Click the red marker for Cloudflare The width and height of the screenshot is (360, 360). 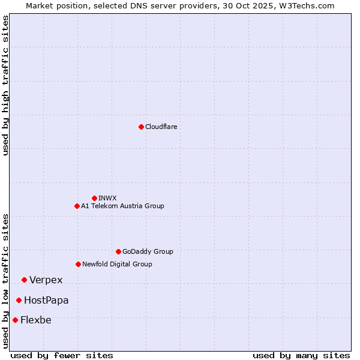pyautogui.click(x=141, y=127)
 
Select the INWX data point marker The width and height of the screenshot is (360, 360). pyautogui.click(x=94, y=198)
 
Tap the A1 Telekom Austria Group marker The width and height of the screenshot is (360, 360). pyautogui.click(x=77, y=206)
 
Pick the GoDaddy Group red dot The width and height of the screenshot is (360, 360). pyautogui.click(x=118, y=251)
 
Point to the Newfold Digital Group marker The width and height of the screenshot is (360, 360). pyautogui.click(x=78, y=264)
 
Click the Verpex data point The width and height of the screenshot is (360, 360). pyautogui.click(x=24, y=280)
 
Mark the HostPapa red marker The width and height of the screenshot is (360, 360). pyautogui.click(x=19, y=300)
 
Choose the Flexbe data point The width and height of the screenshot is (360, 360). pyautogui.click(x=15, y=320)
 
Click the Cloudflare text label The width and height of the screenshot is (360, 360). pyautogui.click(x=161, y=127)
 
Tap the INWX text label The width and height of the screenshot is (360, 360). pyautogui.click(x=107, y=198)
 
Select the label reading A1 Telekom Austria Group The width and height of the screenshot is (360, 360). pyautogui.click(x=122, y=206)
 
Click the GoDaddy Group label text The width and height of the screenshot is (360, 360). pyautogui.click(x=148, y=251)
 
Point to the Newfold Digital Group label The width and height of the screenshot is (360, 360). pyautogui.click(x=117, y=264)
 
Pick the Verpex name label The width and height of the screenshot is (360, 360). pyautogui.click(x=46, y=280)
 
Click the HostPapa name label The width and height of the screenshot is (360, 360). pyautogui.click(x=46, y=301)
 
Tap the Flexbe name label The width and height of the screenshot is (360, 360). pyautogui.click(x=36, y=320)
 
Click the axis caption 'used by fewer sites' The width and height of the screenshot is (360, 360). pyautogui.click(x=62, y=355)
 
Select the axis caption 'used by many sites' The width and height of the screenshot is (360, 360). pyautogui.click(x=301, y=355)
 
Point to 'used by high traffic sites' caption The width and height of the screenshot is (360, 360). pyautogui.click(x=6, y=85)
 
